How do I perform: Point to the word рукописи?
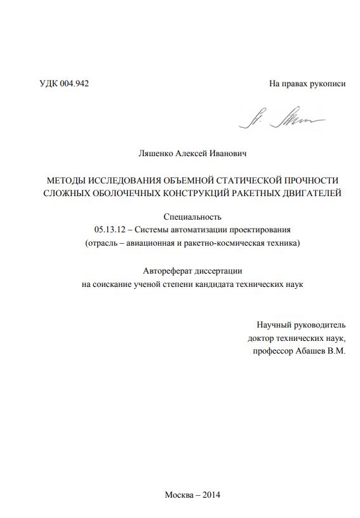point(326,84)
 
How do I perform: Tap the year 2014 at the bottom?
point(210,495)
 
